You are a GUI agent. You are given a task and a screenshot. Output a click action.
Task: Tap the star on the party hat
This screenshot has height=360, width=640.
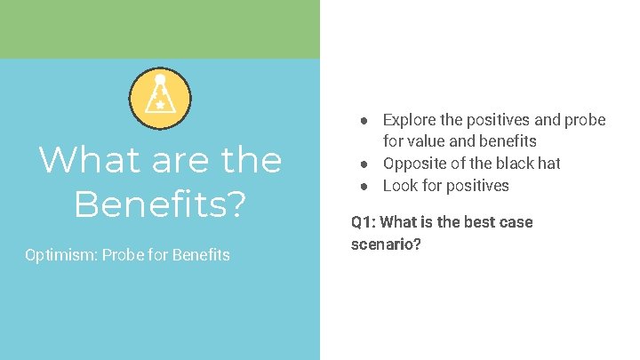click(x=160, y=106)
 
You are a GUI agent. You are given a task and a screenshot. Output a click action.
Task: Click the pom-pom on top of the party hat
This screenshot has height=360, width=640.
click(x=160, y=80)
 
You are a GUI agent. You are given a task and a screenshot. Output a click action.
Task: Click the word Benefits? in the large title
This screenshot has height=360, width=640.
click(x=160, y=204)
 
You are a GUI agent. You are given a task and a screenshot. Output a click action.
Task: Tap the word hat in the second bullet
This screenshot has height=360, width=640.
click(x=548, y=164)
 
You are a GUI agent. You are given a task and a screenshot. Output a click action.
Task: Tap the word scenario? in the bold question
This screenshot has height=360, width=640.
click(x=386, y=244)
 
